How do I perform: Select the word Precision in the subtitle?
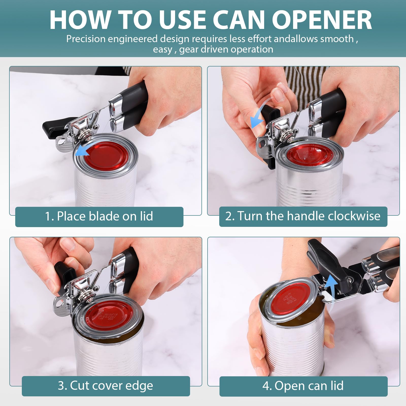(86, 39)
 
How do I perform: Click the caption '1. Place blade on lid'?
(99, 216)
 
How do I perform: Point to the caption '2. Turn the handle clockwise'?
(303, 216)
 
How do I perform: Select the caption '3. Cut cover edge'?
(105, 385)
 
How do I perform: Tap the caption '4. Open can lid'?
(303, 386)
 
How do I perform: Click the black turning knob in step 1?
(55, 128)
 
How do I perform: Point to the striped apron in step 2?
(304, 84)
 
